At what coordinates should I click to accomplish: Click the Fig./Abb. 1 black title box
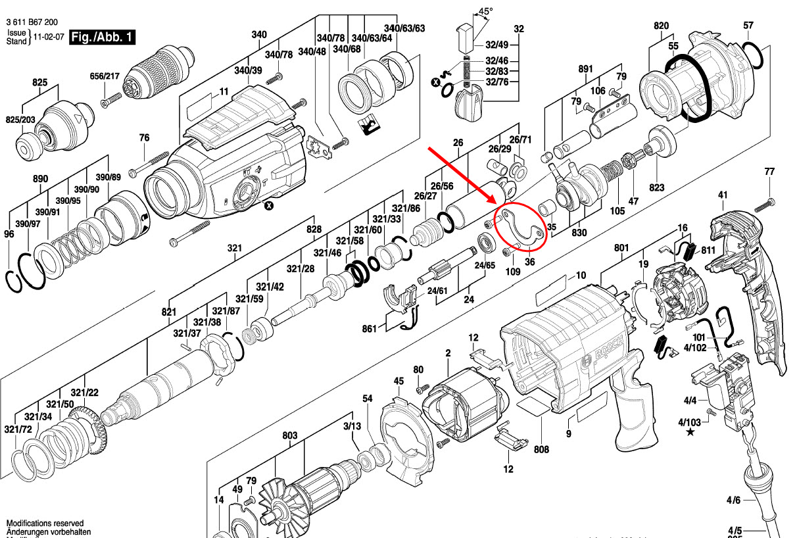coord(102,36)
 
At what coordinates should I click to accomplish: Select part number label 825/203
coord(20,120)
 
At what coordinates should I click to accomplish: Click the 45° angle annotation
coord(485,11)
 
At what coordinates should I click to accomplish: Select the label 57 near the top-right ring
coord(748,26)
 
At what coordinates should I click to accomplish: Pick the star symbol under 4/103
coord(690,432)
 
